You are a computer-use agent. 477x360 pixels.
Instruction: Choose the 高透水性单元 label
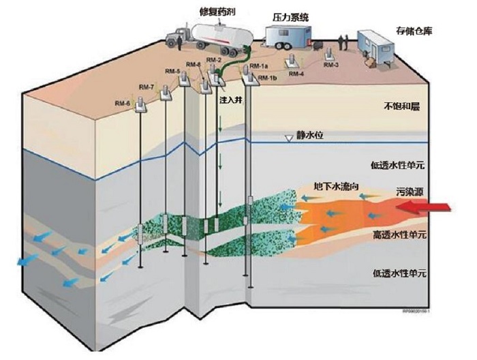point(399,234)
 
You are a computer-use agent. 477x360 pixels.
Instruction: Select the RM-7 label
point(147,87)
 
